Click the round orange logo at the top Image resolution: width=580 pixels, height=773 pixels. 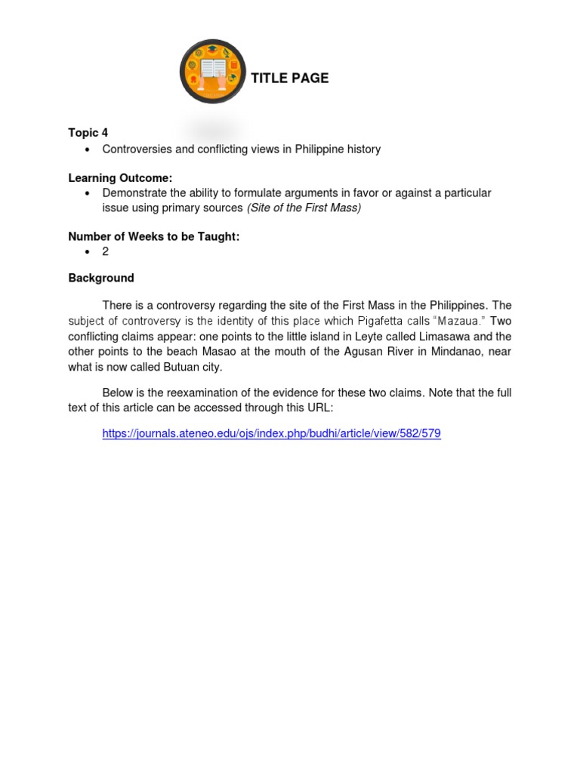point(213,72)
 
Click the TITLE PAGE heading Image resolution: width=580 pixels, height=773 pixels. point(289,79)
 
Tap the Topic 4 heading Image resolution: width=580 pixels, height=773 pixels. point(88,133)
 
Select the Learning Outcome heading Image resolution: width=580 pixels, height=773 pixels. point(120,178)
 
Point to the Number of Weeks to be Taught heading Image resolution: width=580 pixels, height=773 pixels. point(154,236)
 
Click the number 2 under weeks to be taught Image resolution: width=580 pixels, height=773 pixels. point(106,251)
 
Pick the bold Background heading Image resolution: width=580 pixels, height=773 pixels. point(101,278)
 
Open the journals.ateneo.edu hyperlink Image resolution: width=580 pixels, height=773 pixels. point(271,433)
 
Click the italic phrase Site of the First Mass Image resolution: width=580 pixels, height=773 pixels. point(304,208)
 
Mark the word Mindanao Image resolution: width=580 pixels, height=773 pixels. point(462,352)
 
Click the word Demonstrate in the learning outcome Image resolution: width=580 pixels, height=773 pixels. point(134,193)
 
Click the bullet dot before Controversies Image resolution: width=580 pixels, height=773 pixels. point(88,149)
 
